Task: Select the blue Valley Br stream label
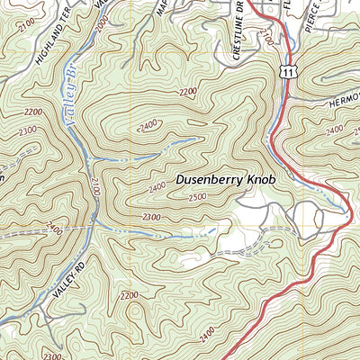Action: point(70,108)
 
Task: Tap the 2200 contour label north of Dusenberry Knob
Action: point(188,92)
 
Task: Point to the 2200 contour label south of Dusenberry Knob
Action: point(129,295)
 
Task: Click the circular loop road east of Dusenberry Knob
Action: point(306,216)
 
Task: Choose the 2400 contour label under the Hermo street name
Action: point(335,131)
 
